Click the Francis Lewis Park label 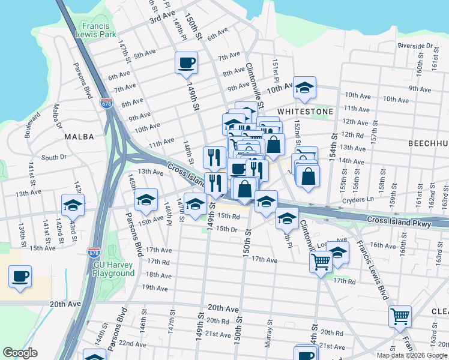coord(96,30)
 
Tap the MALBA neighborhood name coord(79,137)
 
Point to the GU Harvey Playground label coord(113,269)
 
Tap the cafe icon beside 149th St coord(186,62)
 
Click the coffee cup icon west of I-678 coord(20,277)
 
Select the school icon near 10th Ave coord(304,88)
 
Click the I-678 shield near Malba coord(107,104)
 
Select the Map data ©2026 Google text coord(411,355)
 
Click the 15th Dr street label coord(227,229)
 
